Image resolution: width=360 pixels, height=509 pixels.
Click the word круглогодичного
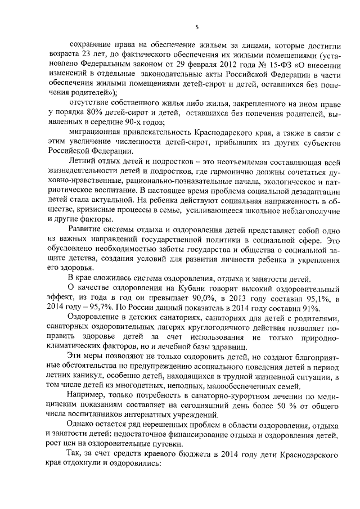(x=188, y=327)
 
